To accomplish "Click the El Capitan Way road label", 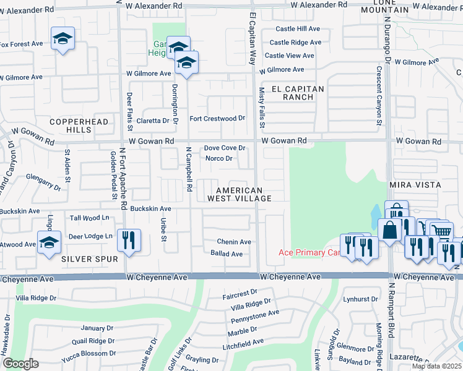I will pyautogui.click(x=253, y=39).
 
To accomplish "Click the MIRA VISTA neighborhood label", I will pyautogui.click(x=415, y=185).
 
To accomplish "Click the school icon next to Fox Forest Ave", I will pyautogui.click(x=63, y=40).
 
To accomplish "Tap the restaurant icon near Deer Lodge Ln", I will pyautogui.click(x=128, y=240).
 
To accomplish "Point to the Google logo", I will pyautogui.click(x=20, y=364).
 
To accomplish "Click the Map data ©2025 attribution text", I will pyautogui.click(x=436, y=366).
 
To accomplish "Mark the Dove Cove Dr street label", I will pyautogui.click(x=225, y=148).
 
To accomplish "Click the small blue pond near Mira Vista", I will pyautogui.click(x=376, y=216).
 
